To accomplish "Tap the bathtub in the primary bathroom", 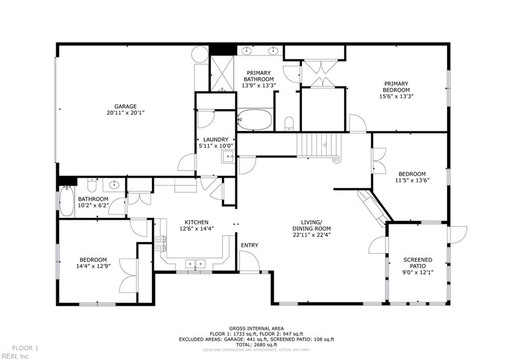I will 255,120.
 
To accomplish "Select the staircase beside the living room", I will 315,145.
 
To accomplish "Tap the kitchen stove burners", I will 160,243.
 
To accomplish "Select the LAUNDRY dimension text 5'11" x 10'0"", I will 216,146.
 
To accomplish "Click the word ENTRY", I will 250,245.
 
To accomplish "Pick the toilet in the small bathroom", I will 92,185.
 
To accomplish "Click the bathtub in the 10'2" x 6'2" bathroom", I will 66,201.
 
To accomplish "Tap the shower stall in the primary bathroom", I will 222,74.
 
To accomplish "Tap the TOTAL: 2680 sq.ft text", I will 256,345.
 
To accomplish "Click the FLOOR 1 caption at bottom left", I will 25,348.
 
